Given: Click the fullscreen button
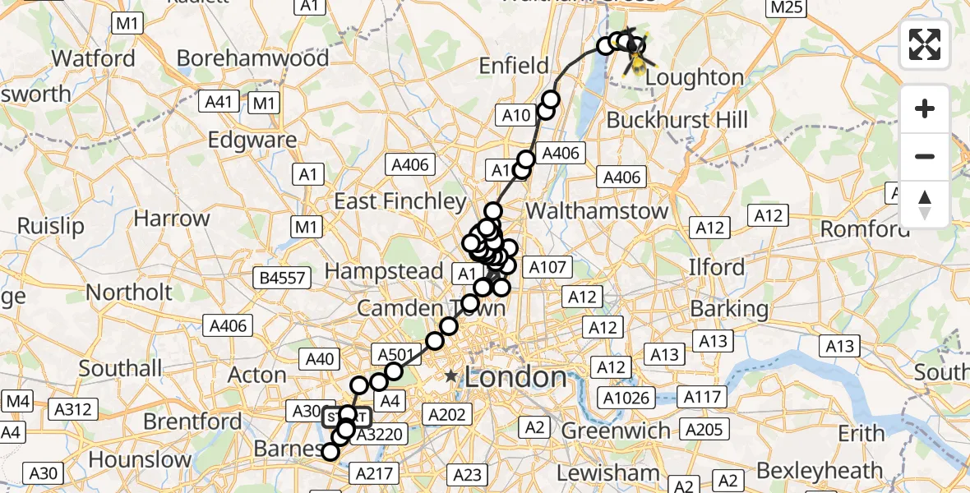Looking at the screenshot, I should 925,44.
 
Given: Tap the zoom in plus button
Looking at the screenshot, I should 925,109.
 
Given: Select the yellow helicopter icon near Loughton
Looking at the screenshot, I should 637,58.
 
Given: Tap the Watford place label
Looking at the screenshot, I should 94,59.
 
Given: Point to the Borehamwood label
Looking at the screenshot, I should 252,58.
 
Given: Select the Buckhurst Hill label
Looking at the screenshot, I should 677,120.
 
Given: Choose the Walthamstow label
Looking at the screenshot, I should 597,211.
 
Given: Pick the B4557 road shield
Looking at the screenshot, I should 282,278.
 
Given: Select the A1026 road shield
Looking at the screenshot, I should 628,399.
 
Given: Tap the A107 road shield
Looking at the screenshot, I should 547,267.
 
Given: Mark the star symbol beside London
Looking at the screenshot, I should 451,376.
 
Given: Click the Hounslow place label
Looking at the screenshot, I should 140,458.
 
